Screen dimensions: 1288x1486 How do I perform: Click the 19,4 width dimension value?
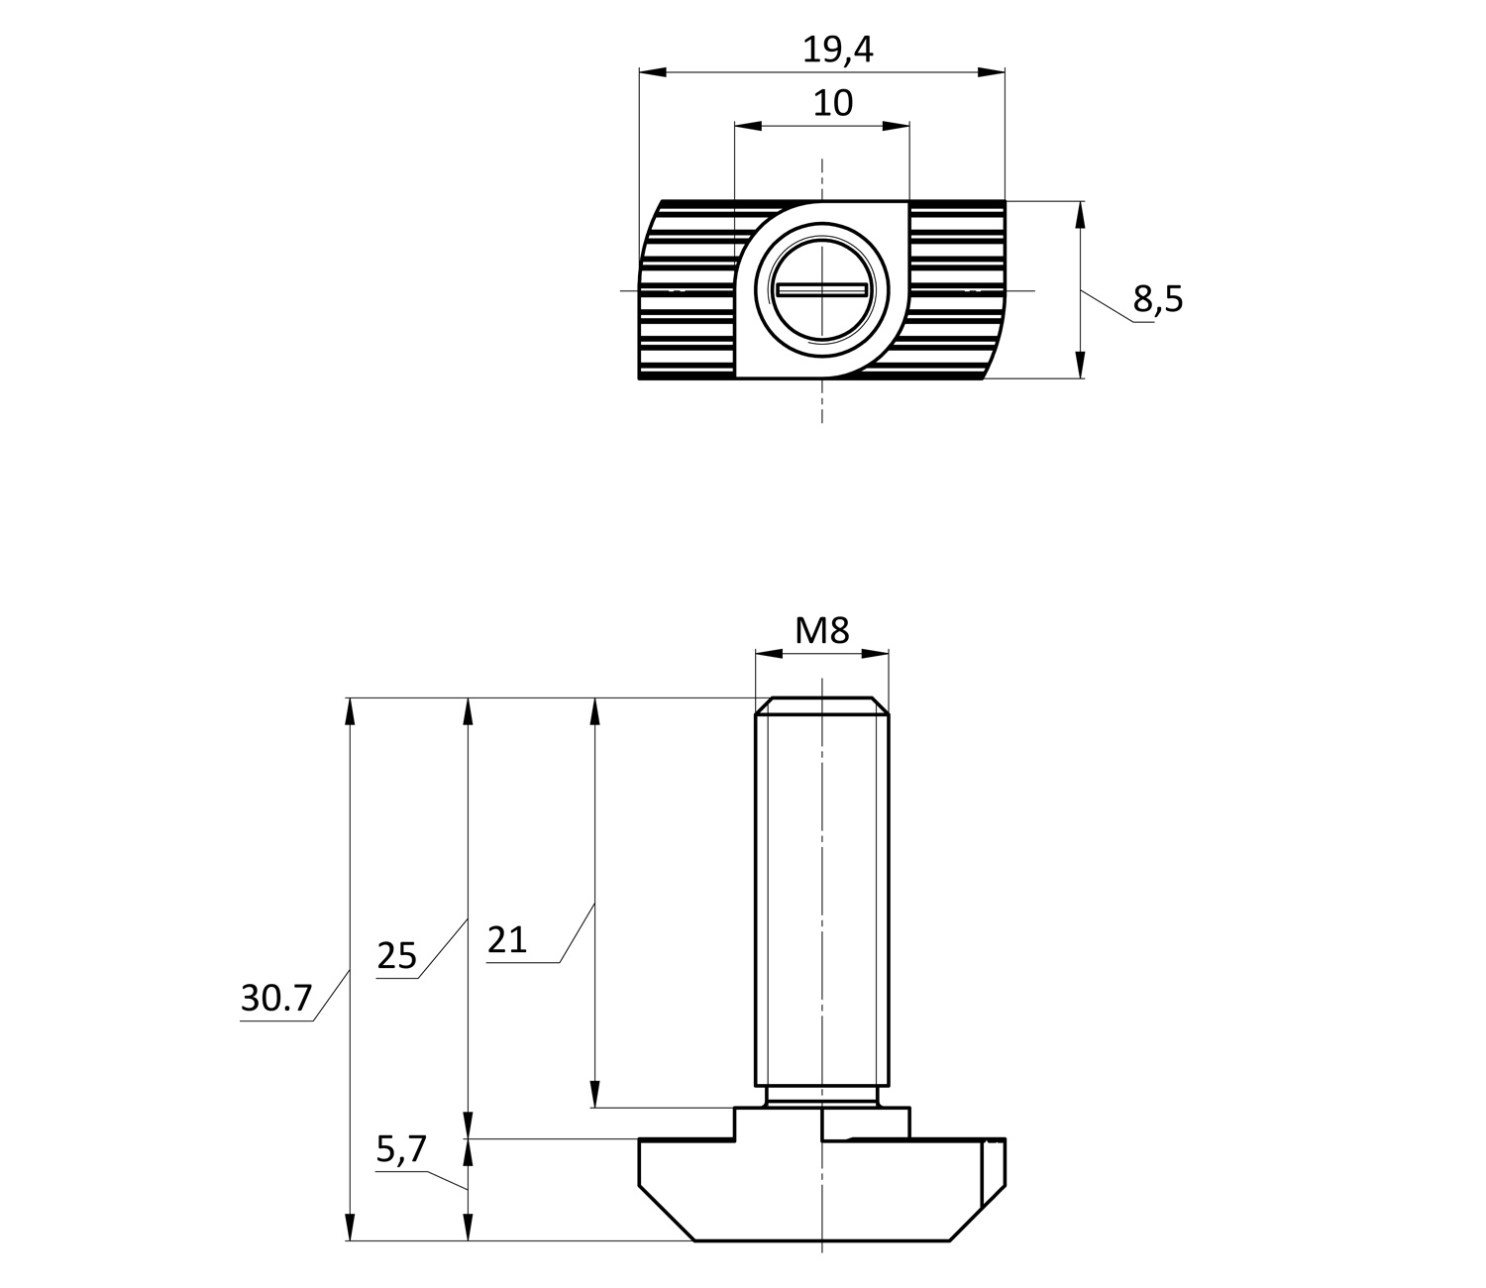(x=837, y=50)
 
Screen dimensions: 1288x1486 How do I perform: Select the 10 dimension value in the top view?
(x=832, y=103)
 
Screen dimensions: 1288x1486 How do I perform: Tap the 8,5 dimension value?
(x=1158, y=298)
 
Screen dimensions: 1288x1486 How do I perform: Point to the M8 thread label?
(x=822, y=630)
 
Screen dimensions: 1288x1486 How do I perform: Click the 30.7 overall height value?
(x=276, y=998)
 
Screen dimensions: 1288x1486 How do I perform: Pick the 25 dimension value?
(x=397, y=956)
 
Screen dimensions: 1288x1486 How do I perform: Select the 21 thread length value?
(x=507, y=939)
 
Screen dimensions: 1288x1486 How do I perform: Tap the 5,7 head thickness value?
(x=401, y=1149)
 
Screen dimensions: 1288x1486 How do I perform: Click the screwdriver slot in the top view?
(x=822, y=289)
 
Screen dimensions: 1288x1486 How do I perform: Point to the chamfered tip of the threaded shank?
(x=822, y=705)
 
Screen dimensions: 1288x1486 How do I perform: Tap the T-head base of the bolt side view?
(x=822, y=1189)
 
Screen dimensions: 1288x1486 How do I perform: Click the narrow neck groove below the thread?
(x=822, y=1097)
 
